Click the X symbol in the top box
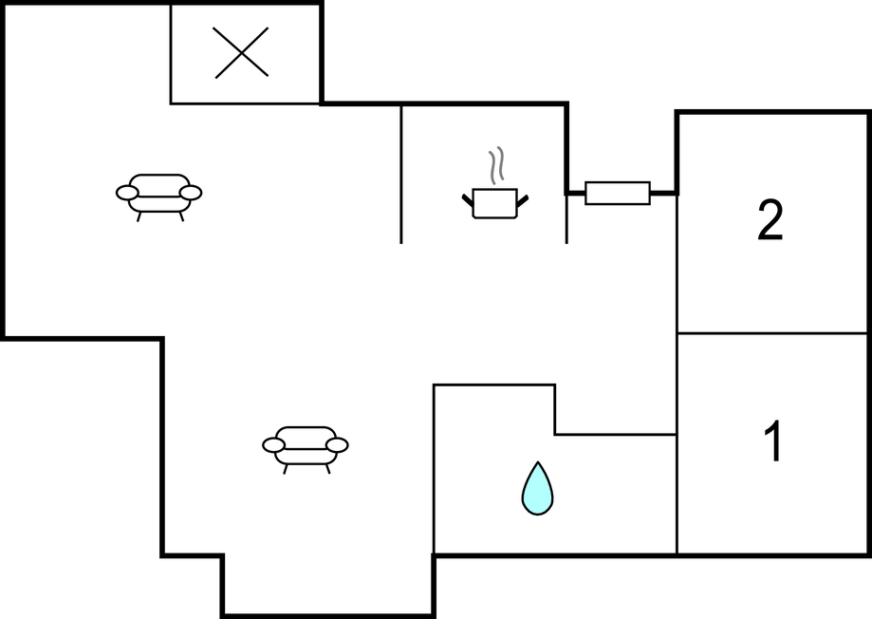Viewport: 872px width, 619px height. coord(241,52)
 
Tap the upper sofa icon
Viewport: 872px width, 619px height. coord(159,197)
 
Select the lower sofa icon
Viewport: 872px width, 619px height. coord(306,450)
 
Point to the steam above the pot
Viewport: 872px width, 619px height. coord(496,165)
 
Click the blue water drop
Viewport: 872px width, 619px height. coord(537,488)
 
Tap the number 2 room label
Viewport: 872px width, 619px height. coord(770,220)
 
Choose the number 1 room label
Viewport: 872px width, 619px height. coord(773,441)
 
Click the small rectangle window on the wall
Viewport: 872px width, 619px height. coord(618,193)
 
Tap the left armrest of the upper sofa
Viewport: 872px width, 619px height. coord(127,193)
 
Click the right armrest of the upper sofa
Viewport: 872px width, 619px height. coord(190,193)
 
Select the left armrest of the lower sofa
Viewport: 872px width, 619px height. coord(273,445)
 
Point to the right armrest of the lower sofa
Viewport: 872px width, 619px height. coord(337,445)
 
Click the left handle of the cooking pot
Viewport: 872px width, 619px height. coord(468,199)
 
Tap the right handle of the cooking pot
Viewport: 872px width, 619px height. coord(522,199)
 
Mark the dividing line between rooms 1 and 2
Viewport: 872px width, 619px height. coord(772,333)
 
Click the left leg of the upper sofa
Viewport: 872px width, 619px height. coord(139,216)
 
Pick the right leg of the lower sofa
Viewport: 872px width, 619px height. coord(328,469)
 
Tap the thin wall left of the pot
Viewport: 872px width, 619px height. coord(401,175)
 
